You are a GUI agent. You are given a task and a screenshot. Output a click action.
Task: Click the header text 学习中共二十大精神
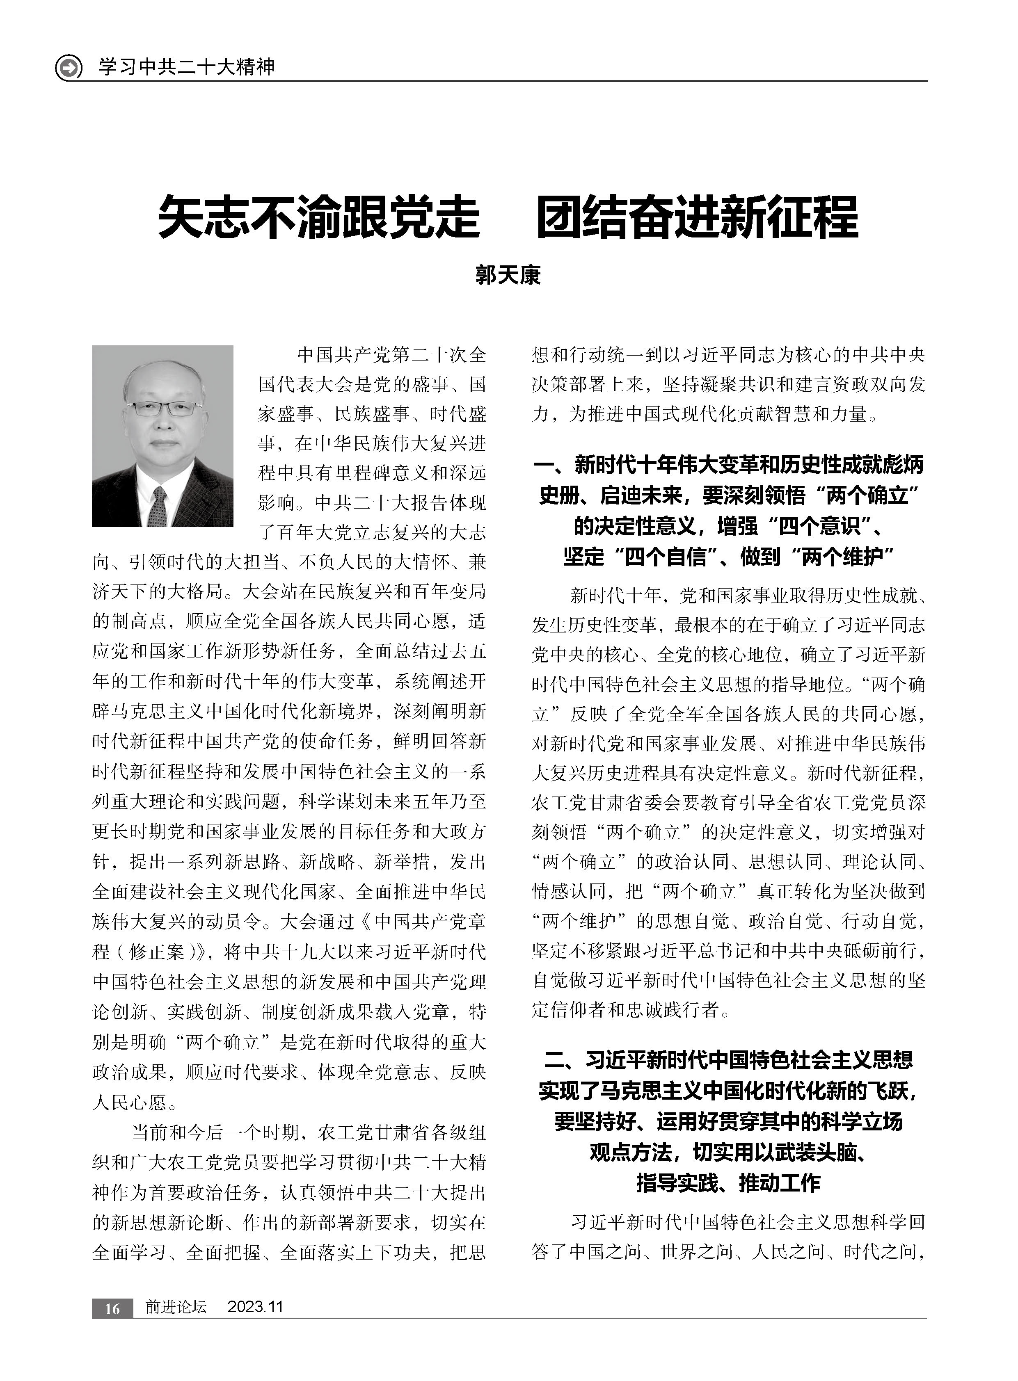[187, 66]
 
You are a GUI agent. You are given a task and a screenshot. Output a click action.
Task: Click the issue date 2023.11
[255, 1307]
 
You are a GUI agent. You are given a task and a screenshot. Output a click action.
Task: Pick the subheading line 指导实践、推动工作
[728, 1181]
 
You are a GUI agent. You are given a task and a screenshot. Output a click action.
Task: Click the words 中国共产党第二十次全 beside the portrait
[391, 356]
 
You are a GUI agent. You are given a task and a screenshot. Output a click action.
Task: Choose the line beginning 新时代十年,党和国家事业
[748, 595]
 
